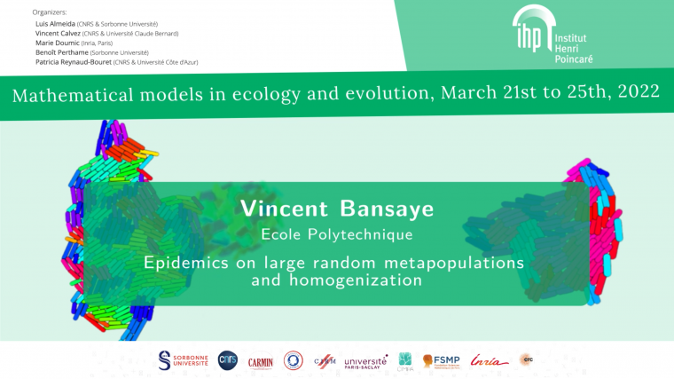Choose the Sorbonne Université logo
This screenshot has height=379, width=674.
182,359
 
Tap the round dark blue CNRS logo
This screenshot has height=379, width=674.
227,359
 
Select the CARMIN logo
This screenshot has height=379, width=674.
260,361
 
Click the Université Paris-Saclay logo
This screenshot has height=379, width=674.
365,362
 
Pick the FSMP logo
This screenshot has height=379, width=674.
440,361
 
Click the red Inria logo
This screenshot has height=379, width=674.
490,360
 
